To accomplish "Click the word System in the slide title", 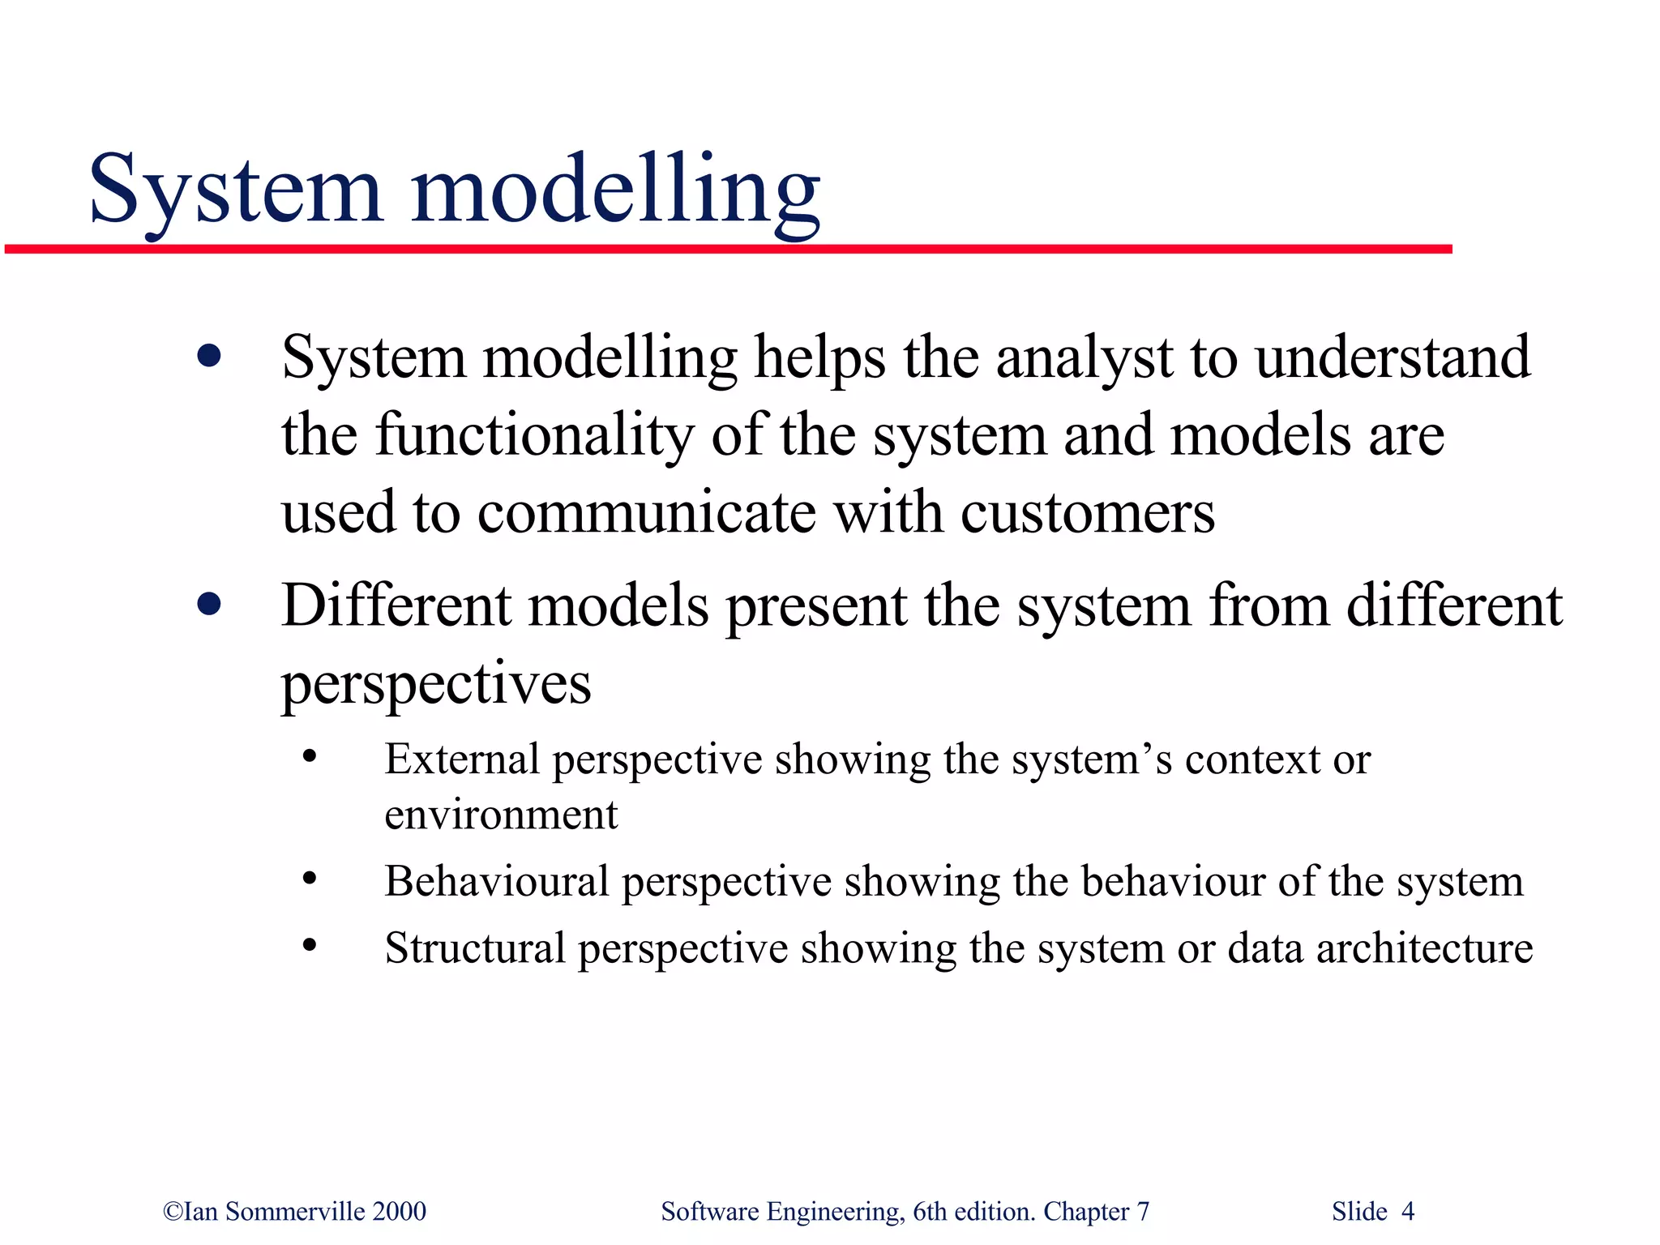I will click(235, 190).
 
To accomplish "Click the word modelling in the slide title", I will click(616, 190).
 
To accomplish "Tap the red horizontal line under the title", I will click(729, 249).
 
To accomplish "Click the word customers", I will click(1087, 513).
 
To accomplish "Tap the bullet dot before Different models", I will click(209, 604).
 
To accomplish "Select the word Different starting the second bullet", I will click(397, 605).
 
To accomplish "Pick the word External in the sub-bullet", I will click(461, 759).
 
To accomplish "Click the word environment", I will click(501, 815).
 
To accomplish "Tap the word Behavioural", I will click(496, 881).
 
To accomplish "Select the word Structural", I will click(475, 948).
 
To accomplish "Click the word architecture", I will click(1424, 948).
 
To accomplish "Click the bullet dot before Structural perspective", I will click(309, 945).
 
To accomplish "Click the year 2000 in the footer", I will click(399, 1211).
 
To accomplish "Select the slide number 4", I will click(1408, 1211).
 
